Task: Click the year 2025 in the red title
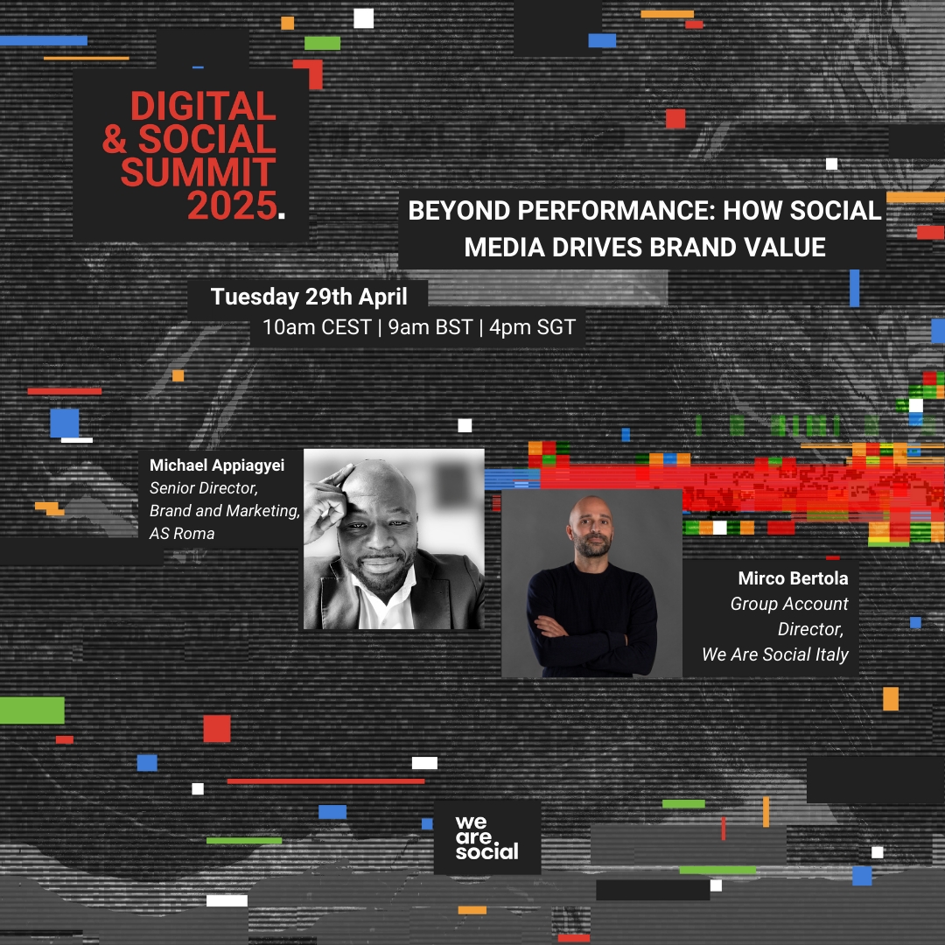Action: tap(232, 206)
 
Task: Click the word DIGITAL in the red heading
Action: tap(203, 106)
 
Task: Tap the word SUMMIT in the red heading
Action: tap(199, 172)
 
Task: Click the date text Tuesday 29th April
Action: tap(309, 297)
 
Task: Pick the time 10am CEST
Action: tap(317, 327)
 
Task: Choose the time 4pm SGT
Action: tap(532, 327)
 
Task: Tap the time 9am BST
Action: tap(430, 327)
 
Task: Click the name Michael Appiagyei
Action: tap(217, 465)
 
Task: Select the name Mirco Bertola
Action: tap(793, 578)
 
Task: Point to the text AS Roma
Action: tap(182, 534)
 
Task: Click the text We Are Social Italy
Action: tap(775, 654)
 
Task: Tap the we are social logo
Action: tap(487, 837)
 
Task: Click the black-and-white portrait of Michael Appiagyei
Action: tap(394, 539)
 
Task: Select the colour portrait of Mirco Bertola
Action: tap(591, 584)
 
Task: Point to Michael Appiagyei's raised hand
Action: tap(325, 500)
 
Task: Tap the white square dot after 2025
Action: tap(282, 214)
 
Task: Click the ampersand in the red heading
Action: tap(115, 139)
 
